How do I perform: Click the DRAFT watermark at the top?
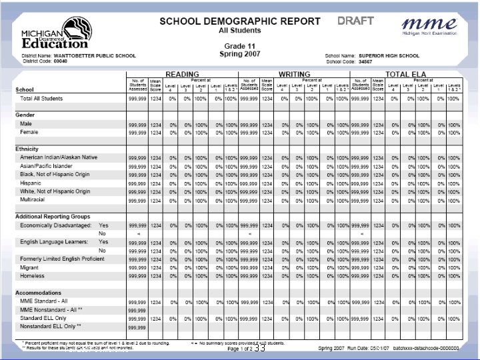pos(355,20)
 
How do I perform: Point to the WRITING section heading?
pos(294,74)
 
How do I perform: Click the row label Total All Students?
pos(41,99)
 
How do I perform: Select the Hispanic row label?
pos(31,183)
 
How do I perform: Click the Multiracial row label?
pos(33,199)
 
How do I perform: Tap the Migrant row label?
pos(30,267)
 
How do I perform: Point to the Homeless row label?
pos(32,275)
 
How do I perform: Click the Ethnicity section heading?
pos(27,149)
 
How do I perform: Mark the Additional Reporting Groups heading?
pos(53,217)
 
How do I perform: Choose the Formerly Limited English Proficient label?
pos(63,259)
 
